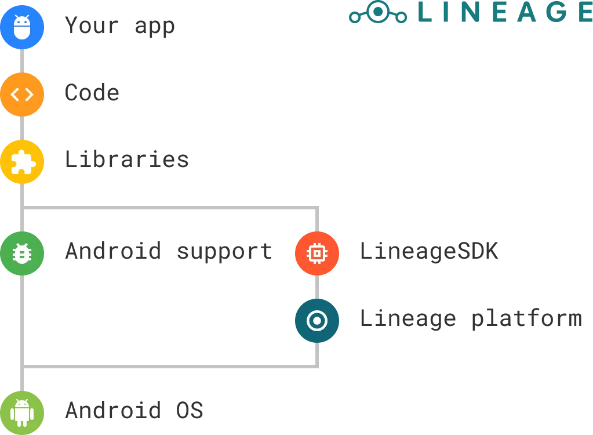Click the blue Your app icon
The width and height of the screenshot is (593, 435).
pyautogui.click(x=22, y=27)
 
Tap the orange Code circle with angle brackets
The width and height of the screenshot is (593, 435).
pyautogui.click(x=22, y=94)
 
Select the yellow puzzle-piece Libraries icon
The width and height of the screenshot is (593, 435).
pyautogui.click(x=22, y=162)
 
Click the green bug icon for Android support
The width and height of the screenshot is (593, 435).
pyautogui.click(x=22, y=253)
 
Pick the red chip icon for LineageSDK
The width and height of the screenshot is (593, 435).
pyautogui.click(x=316, y=253)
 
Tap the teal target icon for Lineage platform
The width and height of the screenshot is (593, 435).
pyautogui.click(x=316, y=320)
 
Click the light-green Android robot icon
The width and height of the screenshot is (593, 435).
pyautogui.click(x=22, y=412)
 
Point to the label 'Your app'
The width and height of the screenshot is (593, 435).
pyautogui.click(x=120, y=27)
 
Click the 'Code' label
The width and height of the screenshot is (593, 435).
pyautogui.click(x=93, y=93)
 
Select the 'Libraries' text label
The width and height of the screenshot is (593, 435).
pyautogui.click(x=127, y=159)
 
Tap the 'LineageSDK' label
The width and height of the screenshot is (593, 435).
pyautogui.click(x=428, y=251)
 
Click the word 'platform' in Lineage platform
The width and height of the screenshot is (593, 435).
pyautogui.click(x=525, y=319)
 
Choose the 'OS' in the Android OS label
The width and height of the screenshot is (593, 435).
pyautogui.click(x=190, y=411)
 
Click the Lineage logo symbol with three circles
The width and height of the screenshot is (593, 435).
pyautogui.click(x=378, y=13)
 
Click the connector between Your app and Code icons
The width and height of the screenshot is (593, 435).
pyautogui.click(x=23, y=60)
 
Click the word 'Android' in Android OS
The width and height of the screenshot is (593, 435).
pyautogui.click(x=113, y=411)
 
